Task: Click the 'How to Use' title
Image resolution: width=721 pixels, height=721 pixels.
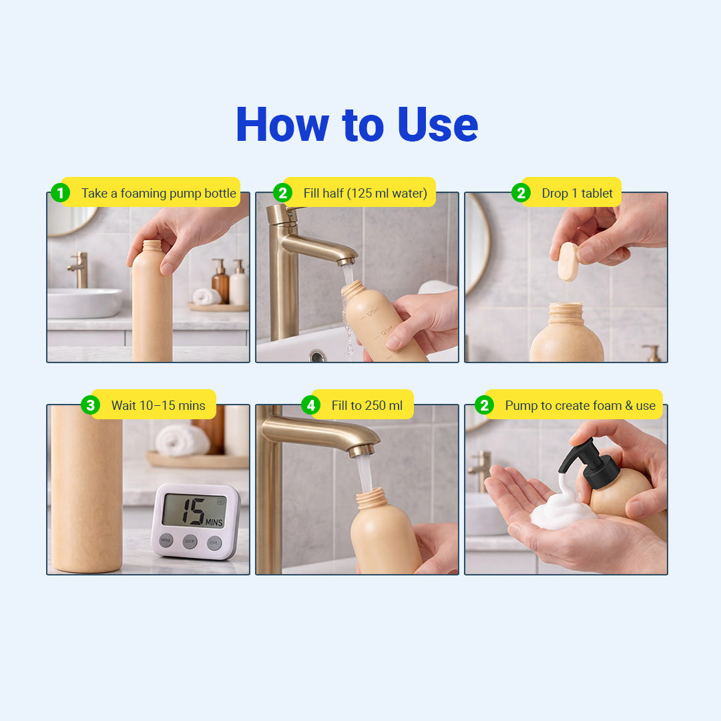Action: pos(356,124)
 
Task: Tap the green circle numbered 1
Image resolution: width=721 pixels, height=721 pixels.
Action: pos(60,193)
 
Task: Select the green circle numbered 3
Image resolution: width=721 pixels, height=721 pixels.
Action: pos(90,405)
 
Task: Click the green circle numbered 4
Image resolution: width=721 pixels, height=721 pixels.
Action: pos(311,405)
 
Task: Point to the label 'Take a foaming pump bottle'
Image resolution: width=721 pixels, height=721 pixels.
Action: pos(159,193)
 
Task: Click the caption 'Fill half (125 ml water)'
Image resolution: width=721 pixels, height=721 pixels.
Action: pos(365,193)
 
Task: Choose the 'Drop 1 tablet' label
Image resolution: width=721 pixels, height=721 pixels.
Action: pos(577,193)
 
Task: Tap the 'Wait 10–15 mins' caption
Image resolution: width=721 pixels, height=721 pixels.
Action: pos(158,406)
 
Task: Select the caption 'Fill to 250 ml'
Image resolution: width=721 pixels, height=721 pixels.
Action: pos(367,406)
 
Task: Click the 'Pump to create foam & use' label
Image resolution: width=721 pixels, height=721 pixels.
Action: pos(580,406)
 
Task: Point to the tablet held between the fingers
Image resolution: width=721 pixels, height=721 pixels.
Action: pos(568,262)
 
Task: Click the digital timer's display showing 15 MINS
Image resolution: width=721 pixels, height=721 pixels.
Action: pos(194,511)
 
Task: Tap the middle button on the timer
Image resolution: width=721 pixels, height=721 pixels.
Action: pos(190,541)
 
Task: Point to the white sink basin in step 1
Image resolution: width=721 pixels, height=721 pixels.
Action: pos(85,302)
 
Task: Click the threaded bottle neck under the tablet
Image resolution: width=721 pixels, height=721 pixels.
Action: pos(566,313)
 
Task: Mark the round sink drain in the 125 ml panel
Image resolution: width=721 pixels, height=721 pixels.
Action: pos(317,355)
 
